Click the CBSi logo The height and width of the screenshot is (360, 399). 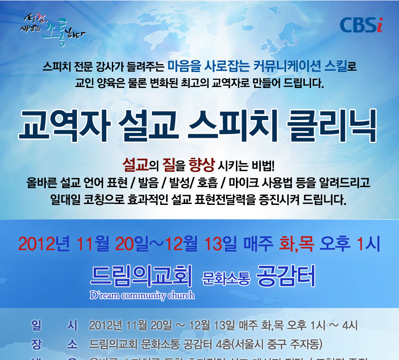(361, 25)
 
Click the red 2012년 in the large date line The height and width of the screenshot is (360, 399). (45, 244)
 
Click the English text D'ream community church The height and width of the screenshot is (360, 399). (142, 295)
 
